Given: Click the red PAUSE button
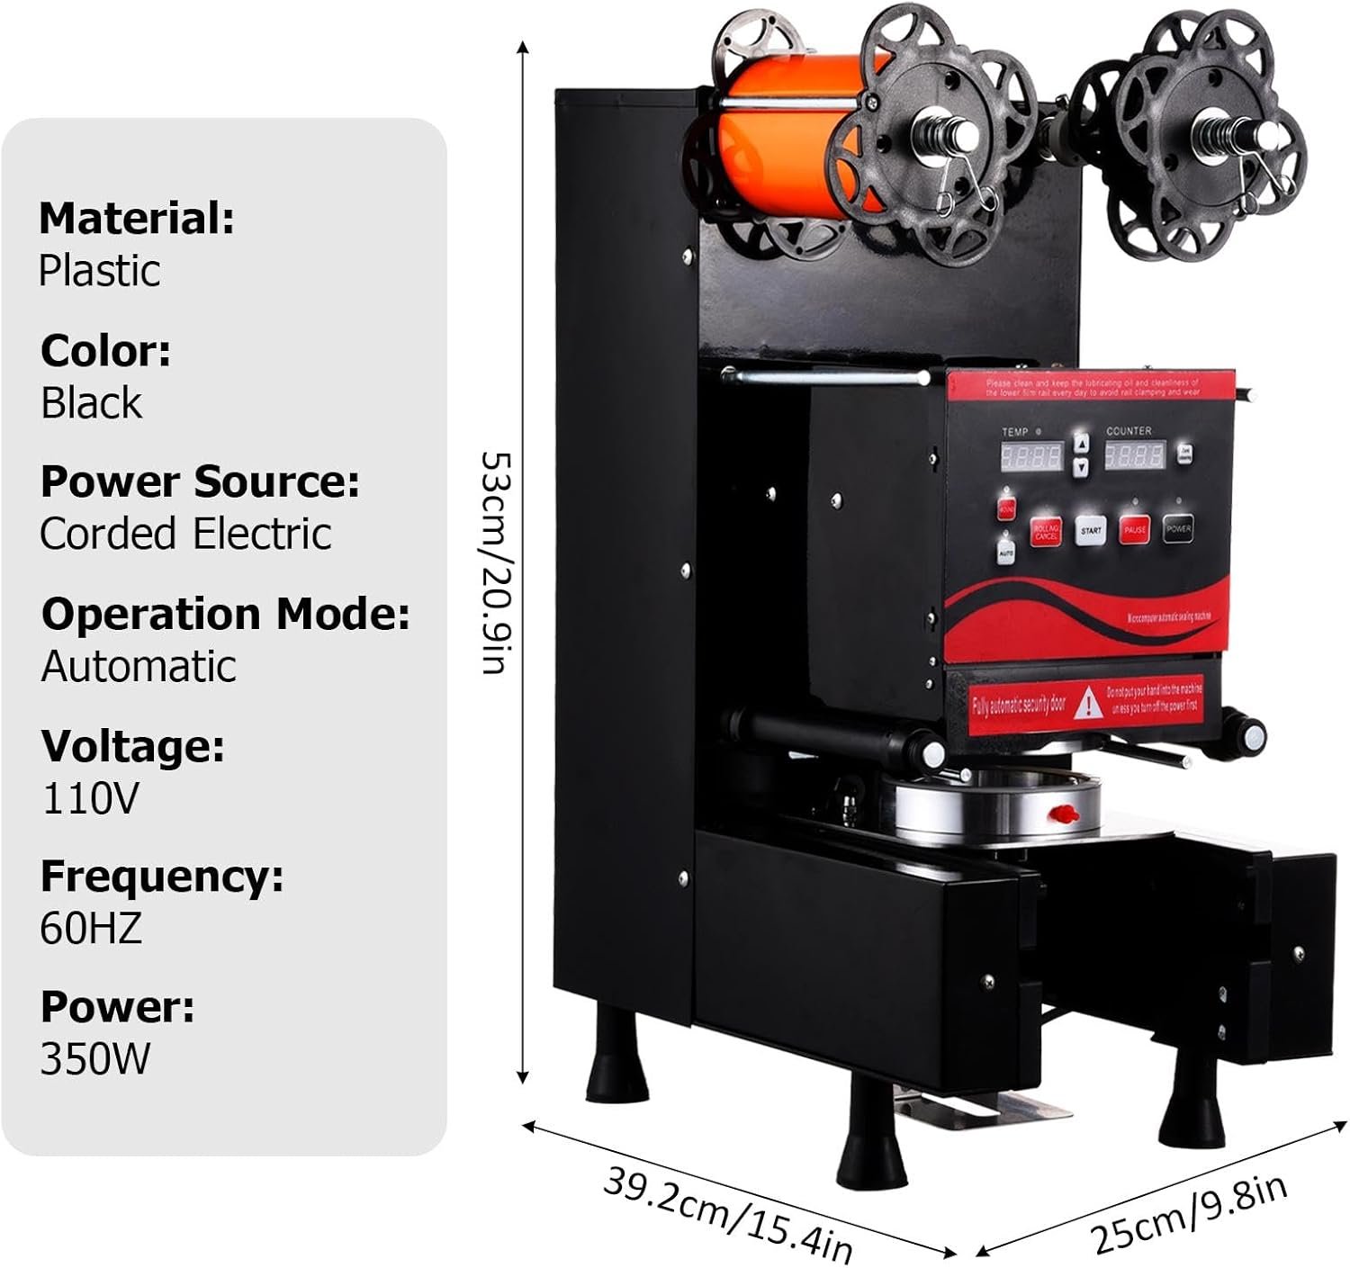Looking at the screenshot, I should click(x=1135, y=529).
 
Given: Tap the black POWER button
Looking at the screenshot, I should click(x=1178, y=528).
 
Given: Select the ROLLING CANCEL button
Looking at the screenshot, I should click(x=1046, y=532).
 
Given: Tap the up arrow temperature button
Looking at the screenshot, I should click(x=1082, y=444).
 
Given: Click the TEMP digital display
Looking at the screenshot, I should click(x=1031, y=456).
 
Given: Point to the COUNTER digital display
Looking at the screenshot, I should click(x=1134, y=454).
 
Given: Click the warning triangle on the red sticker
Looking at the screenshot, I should click(x=1090, y=702).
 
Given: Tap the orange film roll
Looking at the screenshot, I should click(x=774, y=135).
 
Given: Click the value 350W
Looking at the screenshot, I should click(x=95, y=1059).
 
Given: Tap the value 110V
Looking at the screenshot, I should click(x=90, y=797).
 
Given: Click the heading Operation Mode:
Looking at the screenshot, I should click(x=225, y=614).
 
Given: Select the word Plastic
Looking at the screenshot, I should click(x=100, y=271).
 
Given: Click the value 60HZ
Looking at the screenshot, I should click(x=91, y=928).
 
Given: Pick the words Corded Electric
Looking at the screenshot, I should click(x=185, y=534).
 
